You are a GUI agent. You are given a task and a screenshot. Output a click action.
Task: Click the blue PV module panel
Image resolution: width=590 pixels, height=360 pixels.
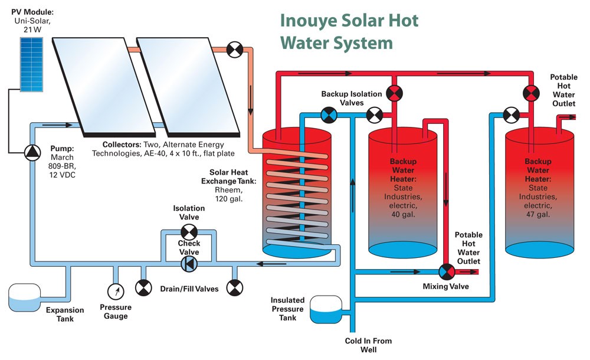click(32, 64)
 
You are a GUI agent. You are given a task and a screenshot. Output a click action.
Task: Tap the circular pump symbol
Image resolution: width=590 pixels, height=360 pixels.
click(32, 152)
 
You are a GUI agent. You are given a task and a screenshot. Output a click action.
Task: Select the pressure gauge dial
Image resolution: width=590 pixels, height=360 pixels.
click(116, 291)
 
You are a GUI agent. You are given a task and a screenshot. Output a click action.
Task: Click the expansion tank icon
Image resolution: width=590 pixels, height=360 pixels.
click(24, 297)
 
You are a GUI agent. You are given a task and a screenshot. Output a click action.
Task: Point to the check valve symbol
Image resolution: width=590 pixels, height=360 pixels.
click(189, 264)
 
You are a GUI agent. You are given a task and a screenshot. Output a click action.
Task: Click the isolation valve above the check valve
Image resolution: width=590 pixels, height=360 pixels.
click(189, 232)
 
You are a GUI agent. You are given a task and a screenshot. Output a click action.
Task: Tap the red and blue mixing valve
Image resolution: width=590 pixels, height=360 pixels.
click(447, 271)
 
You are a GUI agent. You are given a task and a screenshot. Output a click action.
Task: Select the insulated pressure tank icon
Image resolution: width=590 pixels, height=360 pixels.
click(326, 309)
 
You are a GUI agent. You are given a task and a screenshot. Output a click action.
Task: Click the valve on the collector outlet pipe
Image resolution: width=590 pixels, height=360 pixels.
click(235, 50)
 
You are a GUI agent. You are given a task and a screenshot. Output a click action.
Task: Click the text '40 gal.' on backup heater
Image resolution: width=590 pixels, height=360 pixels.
click(402, 215)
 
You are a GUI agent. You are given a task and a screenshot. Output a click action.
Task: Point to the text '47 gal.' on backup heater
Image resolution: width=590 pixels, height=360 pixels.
click(537, 215)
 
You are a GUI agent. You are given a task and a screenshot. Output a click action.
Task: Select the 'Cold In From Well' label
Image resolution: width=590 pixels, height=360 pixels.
click(368, 345)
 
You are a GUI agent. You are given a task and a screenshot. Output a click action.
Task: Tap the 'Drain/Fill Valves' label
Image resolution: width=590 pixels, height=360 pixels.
click(189, 289)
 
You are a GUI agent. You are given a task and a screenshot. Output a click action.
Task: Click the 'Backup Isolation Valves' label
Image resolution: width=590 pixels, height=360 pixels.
click(352, 99)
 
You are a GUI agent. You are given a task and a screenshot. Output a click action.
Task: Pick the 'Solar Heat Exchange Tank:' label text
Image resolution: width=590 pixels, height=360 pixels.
click(228, 176)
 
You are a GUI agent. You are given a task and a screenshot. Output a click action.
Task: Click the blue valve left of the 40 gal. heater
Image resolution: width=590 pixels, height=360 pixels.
click(329, 115)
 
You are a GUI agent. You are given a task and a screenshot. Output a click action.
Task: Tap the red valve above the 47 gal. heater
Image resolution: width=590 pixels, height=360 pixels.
click(531, 93)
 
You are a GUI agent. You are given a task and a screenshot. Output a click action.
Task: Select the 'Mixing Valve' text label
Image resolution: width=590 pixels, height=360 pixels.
click(445, 286)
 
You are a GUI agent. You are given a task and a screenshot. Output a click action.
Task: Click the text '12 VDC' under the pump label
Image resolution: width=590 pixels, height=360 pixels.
click(63, 175)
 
